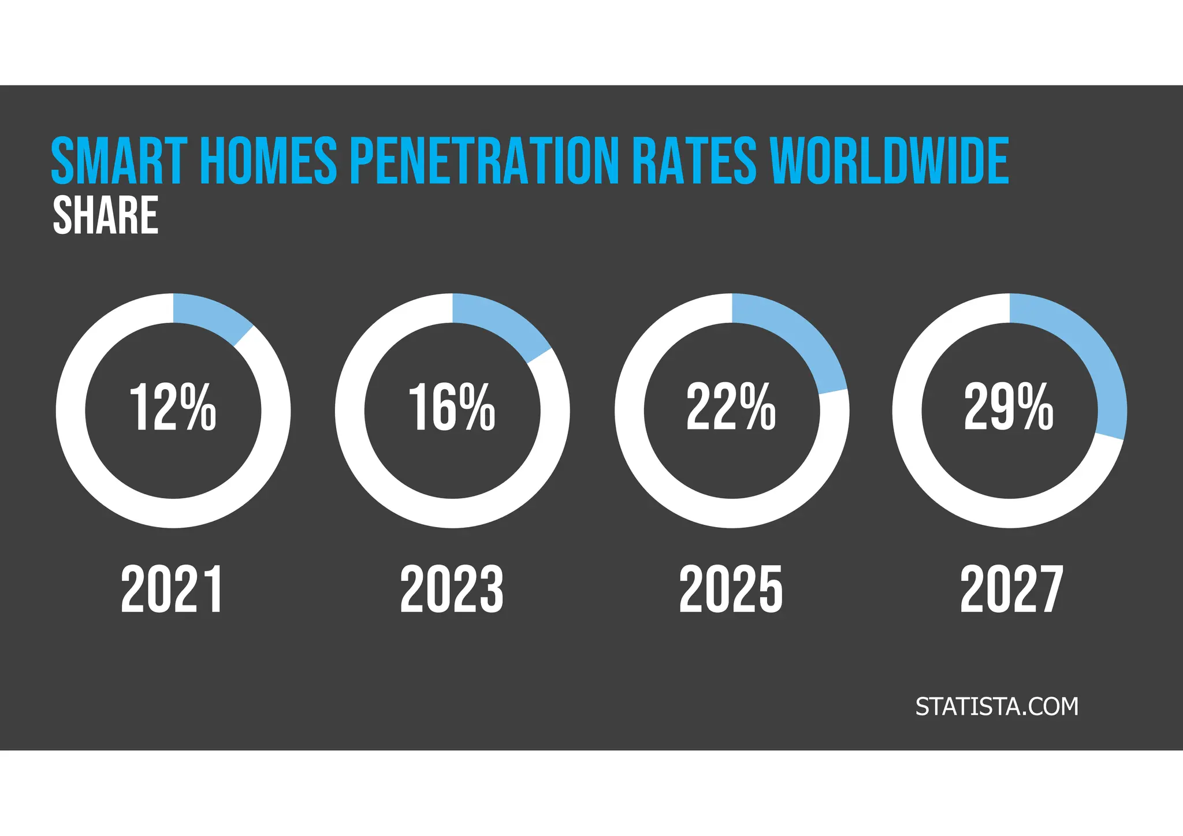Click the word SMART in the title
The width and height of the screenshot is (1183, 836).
tap(119, 161)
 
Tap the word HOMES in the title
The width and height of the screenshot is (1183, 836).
tap(269, 161)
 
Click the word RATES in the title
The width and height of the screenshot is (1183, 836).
tap(693, 161)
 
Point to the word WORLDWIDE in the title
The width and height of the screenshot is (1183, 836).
tap(890, 161)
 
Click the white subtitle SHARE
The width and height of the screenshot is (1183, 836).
tap(105, 215)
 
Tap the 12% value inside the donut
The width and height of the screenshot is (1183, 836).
tap(172, 408)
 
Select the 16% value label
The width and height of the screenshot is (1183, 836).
tap(452, 408)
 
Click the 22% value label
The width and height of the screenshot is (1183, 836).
tap(731, 408)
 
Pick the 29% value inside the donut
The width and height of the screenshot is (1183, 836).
tap(1009, 408)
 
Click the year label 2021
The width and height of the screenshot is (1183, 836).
tap(172, 589)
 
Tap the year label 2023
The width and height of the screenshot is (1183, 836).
tap(452, 589)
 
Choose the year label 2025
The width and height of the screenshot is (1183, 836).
tap(731, 589)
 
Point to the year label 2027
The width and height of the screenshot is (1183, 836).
tap(1011, 589)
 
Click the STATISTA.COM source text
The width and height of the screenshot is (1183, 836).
tap(997, 707)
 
